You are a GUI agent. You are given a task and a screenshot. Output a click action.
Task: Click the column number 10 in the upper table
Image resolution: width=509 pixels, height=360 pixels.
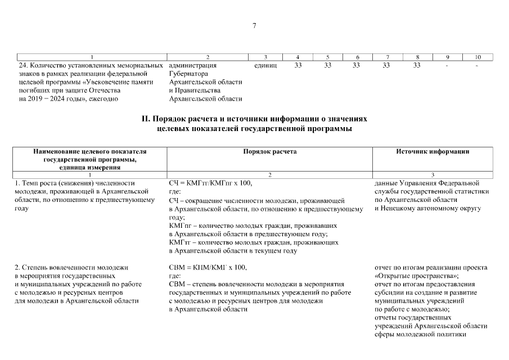pyautogui.click(x=478, y=57)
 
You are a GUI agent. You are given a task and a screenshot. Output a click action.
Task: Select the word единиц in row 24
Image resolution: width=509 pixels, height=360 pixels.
pyautogui.click(x=265, y=65)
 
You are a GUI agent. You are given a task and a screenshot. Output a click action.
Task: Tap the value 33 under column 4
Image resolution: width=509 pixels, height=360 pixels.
pyautogui.click(x=298, y=65)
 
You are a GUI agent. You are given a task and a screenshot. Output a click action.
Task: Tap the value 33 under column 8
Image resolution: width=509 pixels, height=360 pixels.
pyautogui.click(x=417, y=65)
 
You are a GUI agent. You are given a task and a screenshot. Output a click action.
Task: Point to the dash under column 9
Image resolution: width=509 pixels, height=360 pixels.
pyautogui.click(x=447, y=65)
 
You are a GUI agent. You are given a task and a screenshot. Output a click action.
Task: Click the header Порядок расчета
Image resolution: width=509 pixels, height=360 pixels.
pyautogui.click(x=270, y=152)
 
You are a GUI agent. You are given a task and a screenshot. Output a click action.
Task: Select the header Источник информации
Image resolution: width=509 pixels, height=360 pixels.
pyautogui.click(x=433, y=152)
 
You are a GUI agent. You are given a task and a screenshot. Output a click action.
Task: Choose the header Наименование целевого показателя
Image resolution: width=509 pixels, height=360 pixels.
pyautogui.click(x=89, y=152)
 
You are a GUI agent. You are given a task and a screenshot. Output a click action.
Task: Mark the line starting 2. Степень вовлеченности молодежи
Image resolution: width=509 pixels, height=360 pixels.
pyautogui.click(x=71, y=267)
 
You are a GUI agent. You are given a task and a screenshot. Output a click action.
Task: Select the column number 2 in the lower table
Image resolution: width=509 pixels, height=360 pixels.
pyautogui.click(x=270, y=175)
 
